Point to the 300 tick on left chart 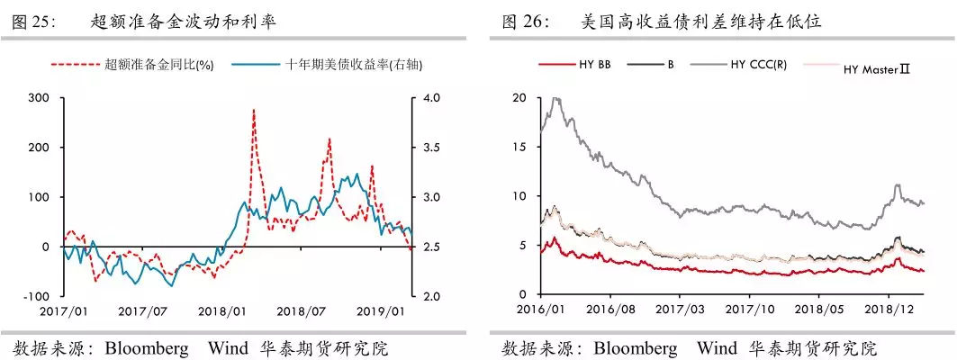[x=39, y=97]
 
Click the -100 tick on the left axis [x=36, y=296]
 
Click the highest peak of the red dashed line [x=253, y=110]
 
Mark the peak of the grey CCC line [x=555, y=99]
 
